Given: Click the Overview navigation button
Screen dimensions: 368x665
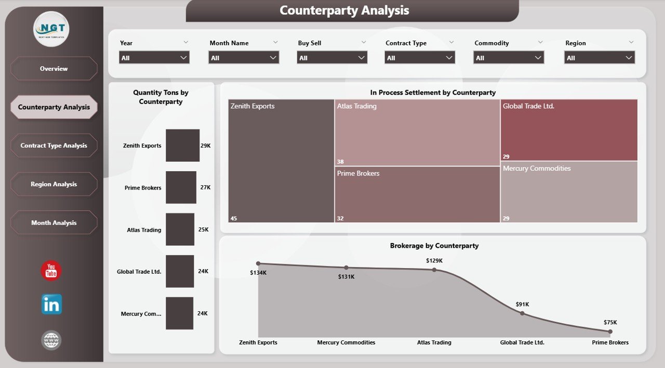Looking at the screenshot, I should tap(54, 69).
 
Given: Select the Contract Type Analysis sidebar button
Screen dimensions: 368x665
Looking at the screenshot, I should tap(54, 146).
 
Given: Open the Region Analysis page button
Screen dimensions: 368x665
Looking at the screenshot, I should tap(54, 184).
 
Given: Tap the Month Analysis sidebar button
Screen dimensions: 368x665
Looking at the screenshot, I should tap(54, 223).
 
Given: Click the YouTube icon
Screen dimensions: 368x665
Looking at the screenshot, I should tap(51, 271).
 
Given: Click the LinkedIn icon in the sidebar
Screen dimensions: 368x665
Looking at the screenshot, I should tap(51, 304).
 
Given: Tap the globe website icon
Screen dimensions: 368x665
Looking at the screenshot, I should tap(51, 340).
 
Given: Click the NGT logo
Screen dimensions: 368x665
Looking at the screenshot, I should tap(51, 29).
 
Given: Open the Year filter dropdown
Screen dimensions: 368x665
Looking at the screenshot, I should tap(154, 58).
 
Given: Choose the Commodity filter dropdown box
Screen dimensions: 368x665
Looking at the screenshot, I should tap(509, 58).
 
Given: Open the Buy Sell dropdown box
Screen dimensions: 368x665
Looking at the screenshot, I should tap(332, 58).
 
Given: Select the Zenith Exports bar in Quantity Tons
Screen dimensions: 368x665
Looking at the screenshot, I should tap(182, 145).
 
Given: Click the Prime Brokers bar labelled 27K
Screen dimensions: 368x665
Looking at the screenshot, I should tap(181, 187).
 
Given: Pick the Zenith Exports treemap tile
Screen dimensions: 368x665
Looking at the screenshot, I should tap(281, 161).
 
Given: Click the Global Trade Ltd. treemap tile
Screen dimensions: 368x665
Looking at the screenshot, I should tap(569, 130).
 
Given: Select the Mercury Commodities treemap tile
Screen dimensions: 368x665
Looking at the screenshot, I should tap(569, 192).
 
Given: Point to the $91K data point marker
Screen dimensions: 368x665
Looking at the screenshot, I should tap(522, 313).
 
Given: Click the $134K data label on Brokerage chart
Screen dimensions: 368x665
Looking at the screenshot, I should tap(258, 273).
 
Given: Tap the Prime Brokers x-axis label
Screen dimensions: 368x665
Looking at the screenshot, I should tap(610, 342).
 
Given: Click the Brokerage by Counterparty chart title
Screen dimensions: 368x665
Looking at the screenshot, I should tap(434, 246).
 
